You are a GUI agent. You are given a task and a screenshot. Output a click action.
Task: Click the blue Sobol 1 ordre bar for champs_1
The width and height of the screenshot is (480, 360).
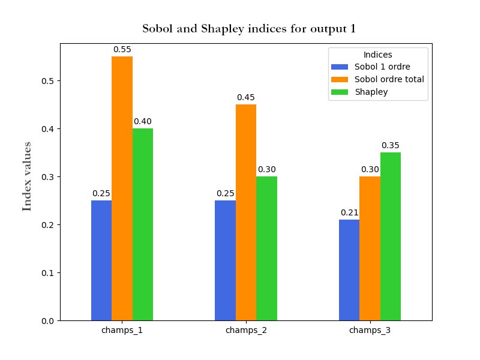point(101,260)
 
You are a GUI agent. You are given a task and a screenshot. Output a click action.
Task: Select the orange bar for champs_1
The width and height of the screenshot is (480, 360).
point(122,188)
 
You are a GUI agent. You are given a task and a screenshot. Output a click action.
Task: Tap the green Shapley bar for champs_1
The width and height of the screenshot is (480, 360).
point(143,224)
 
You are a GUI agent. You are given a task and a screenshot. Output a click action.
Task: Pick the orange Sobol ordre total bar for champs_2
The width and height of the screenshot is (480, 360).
point(246,212)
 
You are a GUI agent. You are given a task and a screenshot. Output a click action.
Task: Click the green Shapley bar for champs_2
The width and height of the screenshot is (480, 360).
point(266,248)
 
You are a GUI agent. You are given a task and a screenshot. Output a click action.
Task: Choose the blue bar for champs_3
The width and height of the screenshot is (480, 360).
point(349,270)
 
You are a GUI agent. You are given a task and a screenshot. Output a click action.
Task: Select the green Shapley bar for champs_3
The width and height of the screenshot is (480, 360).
point(391,236)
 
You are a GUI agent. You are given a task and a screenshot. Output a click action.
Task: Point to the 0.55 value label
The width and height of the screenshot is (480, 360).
point(122,50)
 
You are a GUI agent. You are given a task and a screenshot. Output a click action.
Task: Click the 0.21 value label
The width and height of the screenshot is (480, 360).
point(349,213)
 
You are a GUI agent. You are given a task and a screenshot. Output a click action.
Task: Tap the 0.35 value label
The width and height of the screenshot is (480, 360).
point(391,146)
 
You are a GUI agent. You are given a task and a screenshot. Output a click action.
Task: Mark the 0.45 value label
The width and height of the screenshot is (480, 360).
point(246,98)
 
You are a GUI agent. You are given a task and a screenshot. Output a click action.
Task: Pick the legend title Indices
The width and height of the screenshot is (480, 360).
point(378,55)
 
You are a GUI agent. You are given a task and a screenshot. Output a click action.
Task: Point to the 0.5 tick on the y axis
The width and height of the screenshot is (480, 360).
point(47,81)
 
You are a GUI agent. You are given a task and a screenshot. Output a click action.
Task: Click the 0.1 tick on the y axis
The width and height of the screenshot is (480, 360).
point(47,273)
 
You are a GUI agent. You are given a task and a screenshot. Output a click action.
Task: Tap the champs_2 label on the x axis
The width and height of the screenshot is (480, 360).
point(246,331)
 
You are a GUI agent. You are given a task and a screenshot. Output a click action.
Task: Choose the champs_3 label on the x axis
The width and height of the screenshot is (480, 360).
point(370,331)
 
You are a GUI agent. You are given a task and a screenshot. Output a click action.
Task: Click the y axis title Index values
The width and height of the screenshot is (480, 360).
point(27,176)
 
